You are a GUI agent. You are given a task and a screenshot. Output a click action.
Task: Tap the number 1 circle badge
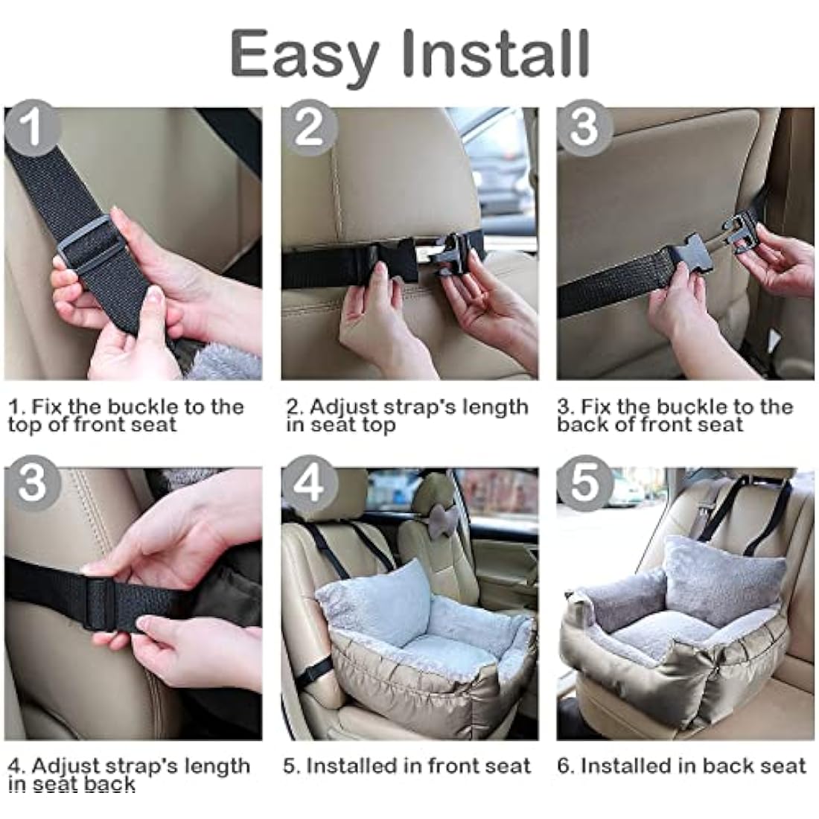tap(32, 128)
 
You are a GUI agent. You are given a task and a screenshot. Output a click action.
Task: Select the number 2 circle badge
tap(309, 127)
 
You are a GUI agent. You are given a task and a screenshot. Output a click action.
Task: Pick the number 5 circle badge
tap(585, 484)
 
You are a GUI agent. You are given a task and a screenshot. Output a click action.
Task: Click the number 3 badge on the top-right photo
tap(585, 127)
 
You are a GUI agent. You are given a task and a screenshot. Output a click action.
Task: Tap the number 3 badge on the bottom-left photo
tap(32, 484)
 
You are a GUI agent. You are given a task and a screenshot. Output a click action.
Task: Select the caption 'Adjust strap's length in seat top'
tap(407, 416)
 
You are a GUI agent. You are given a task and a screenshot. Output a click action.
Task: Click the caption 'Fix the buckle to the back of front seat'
tap(675, 416)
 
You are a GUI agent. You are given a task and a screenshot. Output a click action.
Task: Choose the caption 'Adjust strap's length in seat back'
tap(129, 775)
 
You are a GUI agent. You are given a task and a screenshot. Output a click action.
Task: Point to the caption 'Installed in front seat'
tap(407, 766)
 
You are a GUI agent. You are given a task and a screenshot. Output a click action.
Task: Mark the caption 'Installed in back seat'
tap(681, 766)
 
